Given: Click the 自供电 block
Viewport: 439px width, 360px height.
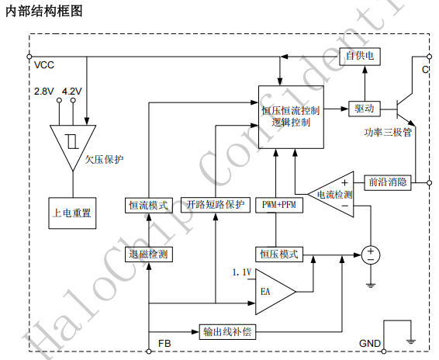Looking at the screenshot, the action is pos(360,57).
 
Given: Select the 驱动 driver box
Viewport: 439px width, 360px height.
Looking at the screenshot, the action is pos(365,109).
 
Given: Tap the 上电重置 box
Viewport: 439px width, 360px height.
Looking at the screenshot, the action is pos(72,213).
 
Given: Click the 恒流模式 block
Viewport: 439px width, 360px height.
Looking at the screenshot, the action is pos(149,206).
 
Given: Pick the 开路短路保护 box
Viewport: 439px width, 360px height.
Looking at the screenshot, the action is pos(216,205).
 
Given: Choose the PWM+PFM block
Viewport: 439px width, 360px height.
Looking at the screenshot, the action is pos(279,205).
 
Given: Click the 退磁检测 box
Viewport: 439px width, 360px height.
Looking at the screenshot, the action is pos(149,254).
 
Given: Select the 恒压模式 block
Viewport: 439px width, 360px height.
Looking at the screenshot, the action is pos(279,254).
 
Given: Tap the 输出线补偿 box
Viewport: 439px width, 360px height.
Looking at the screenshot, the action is pos(227,332).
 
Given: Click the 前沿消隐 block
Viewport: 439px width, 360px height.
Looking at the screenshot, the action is pos(388,182).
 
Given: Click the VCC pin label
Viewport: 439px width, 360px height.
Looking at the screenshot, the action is pos(44,65).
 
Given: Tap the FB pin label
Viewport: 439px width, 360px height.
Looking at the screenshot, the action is pos(164,344).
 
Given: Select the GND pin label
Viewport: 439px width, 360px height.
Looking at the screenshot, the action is pos(370,344).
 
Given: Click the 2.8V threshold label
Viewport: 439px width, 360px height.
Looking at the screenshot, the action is pos(44,92).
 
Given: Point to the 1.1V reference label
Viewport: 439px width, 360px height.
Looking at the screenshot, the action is pos(242,272).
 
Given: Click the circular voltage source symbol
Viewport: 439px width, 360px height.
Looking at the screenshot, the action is pos(371,255).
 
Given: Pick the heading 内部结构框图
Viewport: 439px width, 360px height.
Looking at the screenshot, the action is pos(44,12).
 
